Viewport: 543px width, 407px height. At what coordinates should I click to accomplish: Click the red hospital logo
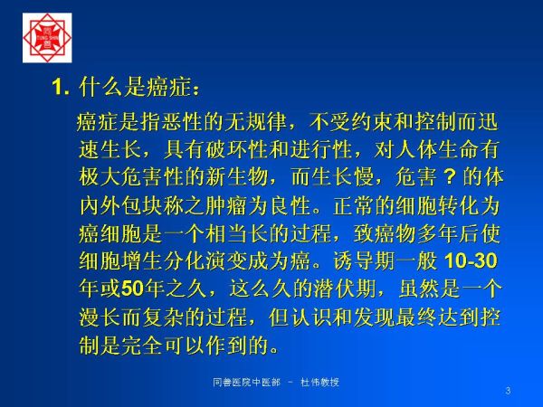[47, 38]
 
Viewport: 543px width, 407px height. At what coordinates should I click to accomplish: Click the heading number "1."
[61, 87]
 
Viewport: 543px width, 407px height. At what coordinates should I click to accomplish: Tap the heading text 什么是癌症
[135, 87]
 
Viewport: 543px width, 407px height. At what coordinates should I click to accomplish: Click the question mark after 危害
[449, 177]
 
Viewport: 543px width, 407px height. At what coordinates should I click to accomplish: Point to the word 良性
[290, 205]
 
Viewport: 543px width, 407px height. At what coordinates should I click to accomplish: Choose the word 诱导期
[364, 261]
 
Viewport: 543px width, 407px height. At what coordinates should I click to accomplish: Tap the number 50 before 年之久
[133, 289]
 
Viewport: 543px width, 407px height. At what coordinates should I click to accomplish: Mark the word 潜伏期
[345, 289]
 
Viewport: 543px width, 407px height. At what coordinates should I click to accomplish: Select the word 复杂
[163, 317]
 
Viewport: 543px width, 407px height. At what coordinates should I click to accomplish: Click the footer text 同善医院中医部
[246, 383]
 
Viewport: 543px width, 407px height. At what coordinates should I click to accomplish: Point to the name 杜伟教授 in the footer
[319, 383]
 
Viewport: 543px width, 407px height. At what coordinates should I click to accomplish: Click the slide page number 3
[508, 391]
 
